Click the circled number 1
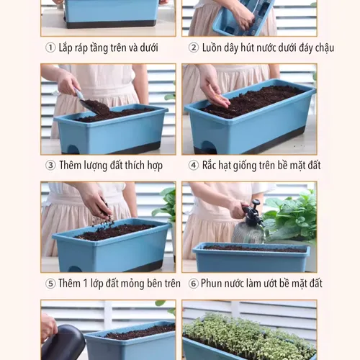pyautogui.click(x=50, y=48)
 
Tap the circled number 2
pyautogui.click(x=194, y=48)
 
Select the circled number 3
pyautogui.click(x=50, y=166)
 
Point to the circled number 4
pyautogui.click(x=194, y=166)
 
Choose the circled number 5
pyautogui.click(x=50, y=284)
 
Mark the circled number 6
pyautogui.click(x=194, y=284)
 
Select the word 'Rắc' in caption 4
pyautogui.click(x=212, y=166)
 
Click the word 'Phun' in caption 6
pyautogui.click(x=216, y=284)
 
